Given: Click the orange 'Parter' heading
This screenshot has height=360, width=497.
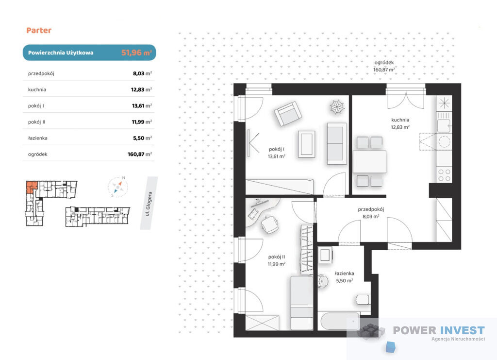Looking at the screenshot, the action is click(x=39, y=31).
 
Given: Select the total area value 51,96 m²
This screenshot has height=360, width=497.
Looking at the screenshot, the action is click(x=136, y=52).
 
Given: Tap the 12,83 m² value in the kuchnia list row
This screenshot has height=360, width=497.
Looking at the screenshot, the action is click(x=141, y=89).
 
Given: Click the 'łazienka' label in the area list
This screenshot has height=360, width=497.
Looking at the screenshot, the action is click(x=38, y=138).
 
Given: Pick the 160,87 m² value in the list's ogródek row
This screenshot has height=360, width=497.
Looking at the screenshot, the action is click(x=140, y=154).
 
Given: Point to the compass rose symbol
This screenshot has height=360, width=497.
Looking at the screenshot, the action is click(x=117, y=187).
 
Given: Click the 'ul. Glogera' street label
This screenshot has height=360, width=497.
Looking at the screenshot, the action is click(x=149, y=204).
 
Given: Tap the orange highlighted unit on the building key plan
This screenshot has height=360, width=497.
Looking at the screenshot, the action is click(x=31, y=187).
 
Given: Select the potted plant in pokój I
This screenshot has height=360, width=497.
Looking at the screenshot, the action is click(x=337, y=106).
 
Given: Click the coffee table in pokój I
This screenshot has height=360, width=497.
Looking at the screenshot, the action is click(x=307, y=144).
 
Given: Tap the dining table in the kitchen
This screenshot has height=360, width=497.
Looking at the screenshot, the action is click(x=369, y=162).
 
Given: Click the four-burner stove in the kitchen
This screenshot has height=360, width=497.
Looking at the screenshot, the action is click(x=444, y=175).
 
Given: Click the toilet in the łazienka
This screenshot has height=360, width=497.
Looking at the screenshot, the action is click(x=362, y=300).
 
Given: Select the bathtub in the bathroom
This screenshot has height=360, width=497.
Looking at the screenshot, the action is click(x=340, y=321).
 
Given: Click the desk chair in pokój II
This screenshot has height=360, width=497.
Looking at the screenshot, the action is click(x=270, y=224).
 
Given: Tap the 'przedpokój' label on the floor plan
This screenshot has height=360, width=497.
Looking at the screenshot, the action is click(x=371, y=209).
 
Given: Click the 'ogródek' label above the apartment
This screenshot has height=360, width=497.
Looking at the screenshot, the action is click(x=384, y=63).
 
